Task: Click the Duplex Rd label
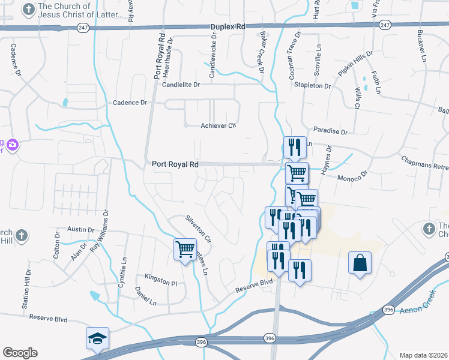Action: [x=228, y=27]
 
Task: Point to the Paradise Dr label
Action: [x=331, y=131]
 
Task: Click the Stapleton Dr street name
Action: [x=312, y=86]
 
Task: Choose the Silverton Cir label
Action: [x=199, y=229]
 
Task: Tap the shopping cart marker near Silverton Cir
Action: [x=185, y=248]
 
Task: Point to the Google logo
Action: [x=20, y=353]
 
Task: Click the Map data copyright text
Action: [x=423, y=355]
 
